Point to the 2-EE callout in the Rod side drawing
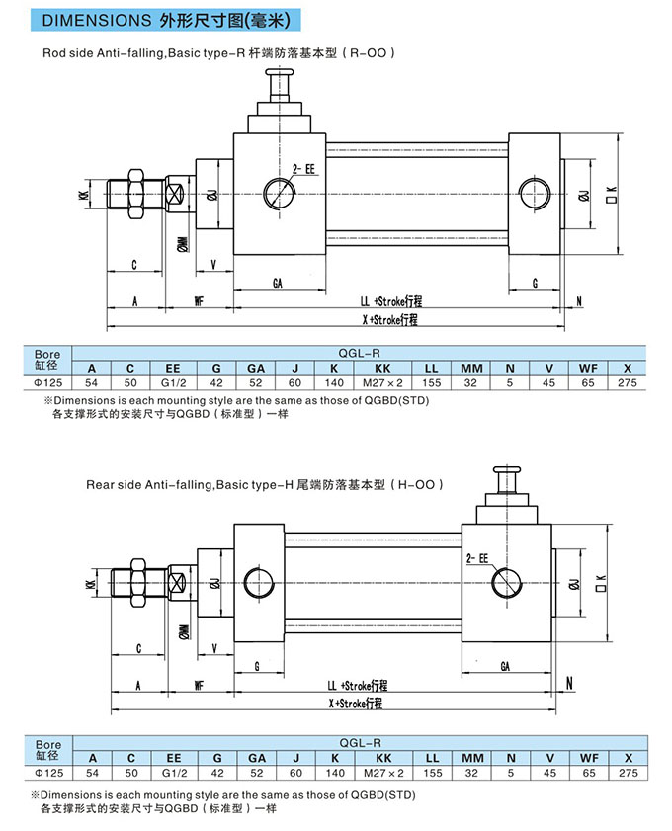304,170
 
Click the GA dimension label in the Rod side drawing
279,283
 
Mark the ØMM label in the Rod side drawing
183,243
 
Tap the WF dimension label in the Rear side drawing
199,684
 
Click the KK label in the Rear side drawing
90,584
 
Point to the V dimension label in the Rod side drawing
214,265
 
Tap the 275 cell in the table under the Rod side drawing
625,382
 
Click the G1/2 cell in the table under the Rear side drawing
174,773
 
